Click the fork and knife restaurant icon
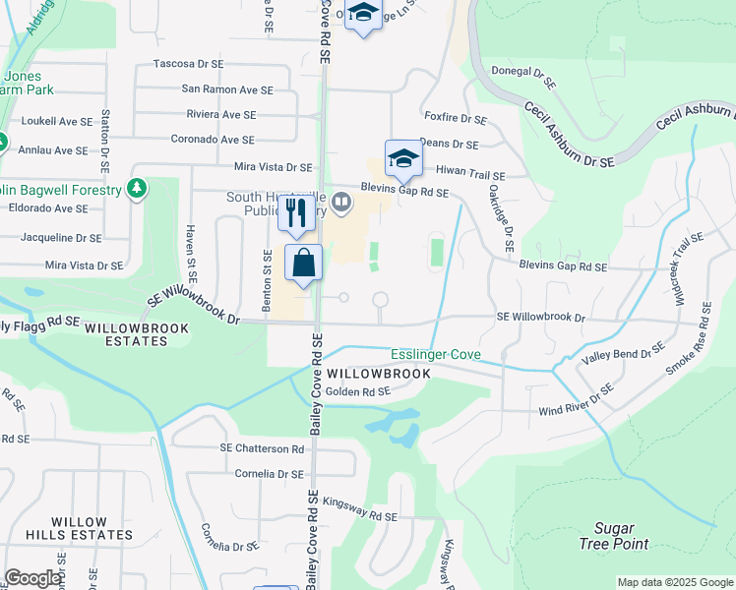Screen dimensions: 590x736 point(298,212)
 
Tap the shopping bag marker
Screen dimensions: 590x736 point(303,263)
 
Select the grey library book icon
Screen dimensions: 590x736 point(341,203)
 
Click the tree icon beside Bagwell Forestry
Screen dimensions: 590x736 point(138,188)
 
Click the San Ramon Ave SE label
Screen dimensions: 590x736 point(227,89)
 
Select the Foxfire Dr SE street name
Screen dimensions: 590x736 point(454,119)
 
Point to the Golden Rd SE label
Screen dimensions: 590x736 point(358,391)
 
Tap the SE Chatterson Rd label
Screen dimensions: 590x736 point(263,448)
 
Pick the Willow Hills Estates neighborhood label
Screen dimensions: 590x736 point(92,528)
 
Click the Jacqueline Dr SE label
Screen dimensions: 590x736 point(61,238)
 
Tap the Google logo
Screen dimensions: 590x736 point(33,578)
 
